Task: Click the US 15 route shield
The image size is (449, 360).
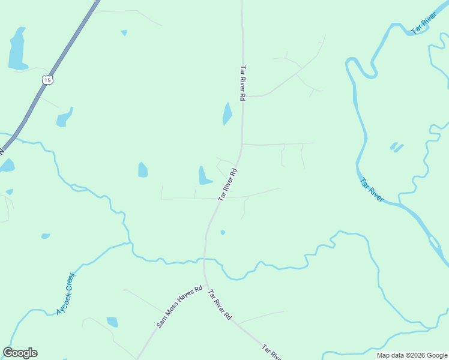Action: tap(48, 79)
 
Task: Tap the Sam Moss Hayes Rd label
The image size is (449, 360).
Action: tap(179, 307)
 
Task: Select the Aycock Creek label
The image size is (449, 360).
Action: tap(66, 293)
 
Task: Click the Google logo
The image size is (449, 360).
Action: tap(20, 353)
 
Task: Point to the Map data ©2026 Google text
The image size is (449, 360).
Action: tap(412, 356)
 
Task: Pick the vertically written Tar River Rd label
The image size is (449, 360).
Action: tap(243, 83)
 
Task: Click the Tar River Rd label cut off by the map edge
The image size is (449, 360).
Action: tap(271, 352)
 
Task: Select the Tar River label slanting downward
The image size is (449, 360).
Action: tap(372, 189)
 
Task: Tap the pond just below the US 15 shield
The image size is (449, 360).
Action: tap(64, 118)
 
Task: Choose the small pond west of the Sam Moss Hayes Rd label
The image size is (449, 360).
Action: tap(112, 322)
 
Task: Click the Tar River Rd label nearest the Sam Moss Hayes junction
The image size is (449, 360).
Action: tap(219, 305)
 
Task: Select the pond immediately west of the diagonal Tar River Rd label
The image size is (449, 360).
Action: tap(204, 176)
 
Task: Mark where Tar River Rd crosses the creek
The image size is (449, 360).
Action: tap(204, 260)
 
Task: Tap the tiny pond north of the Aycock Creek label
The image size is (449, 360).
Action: tap(46, 236)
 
